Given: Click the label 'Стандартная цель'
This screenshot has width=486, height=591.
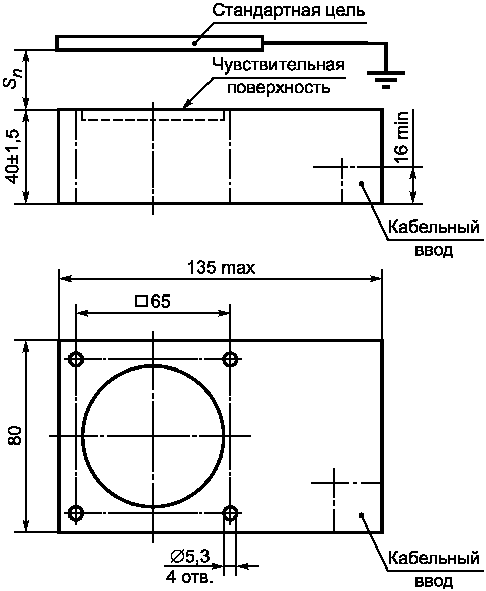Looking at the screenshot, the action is pyautogui.click(x=289, y=10).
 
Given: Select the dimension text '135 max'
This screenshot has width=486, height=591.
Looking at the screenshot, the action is pyautogui.click(x=221, y=268).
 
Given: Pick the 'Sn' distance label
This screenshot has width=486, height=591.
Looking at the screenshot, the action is pyautogui.click(x=14, y=79).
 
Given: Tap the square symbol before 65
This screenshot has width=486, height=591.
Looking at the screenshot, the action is pyautogui.click(x=142, y=301).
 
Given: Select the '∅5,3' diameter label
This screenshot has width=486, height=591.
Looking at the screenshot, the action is pyautogui.click(x=189, y=556).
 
